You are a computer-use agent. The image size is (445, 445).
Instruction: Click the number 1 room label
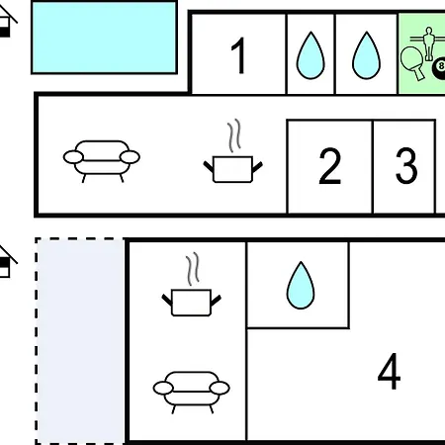coord(238,55)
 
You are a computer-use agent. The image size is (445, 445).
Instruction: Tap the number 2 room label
coord(329,166)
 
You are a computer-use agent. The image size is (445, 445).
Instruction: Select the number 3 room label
coord(406,165)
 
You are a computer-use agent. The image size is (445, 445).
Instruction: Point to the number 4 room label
coord(390,371)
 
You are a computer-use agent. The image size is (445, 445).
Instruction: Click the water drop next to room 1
coord(311,55)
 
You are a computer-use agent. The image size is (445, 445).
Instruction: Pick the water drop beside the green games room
coord(366,55)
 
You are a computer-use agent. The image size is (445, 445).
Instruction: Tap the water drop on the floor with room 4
coord(301,285)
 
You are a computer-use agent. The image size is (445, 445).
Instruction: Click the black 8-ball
coord(439,68)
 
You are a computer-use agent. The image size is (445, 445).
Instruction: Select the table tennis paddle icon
coord(412,63)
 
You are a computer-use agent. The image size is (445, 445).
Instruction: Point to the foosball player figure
coord(428,44)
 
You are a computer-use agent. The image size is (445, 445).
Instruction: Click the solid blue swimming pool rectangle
coord(104,38)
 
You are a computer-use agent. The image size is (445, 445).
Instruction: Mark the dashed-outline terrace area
coord(80,341)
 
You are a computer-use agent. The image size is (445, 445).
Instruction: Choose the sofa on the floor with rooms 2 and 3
coord(102,161)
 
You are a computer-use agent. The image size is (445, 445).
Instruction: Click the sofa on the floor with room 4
coord(191,392)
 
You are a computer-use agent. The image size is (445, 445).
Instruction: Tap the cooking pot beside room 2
coord(232,169)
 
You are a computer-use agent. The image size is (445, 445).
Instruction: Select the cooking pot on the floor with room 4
coord(191,303)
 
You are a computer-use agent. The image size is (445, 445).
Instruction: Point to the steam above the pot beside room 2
coord(234,135)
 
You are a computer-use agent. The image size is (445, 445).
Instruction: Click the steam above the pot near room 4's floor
coord(193,269)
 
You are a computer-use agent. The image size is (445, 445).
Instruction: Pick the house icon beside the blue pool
coord(7,22)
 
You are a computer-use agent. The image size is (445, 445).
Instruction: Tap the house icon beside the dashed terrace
coord(7,262)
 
